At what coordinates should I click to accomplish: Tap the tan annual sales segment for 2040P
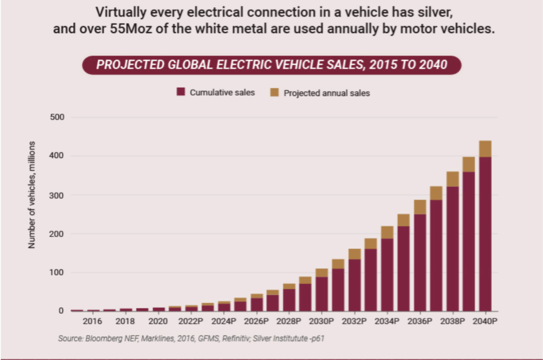click(485, 149)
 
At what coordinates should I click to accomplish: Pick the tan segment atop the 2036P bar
click(419, 207)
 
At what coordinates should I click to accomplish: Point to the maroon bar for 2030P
click(322, 294)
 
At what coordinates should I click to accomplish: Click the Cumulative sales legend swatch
click(181, 92)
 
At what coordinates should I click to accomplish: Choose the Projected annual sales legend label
click(327, 93)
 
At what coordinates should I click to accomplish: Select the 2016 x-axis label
click(93, 322)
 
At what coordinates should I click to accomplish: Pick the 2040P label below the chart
click(485, 322)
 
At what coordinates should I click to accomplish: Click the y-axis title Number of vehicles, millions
click(32, 195)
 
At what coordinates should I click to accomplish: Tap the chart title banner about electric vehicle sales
click(271, 65)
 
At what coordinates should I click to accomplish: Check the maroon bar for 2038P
click(452, 249)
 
